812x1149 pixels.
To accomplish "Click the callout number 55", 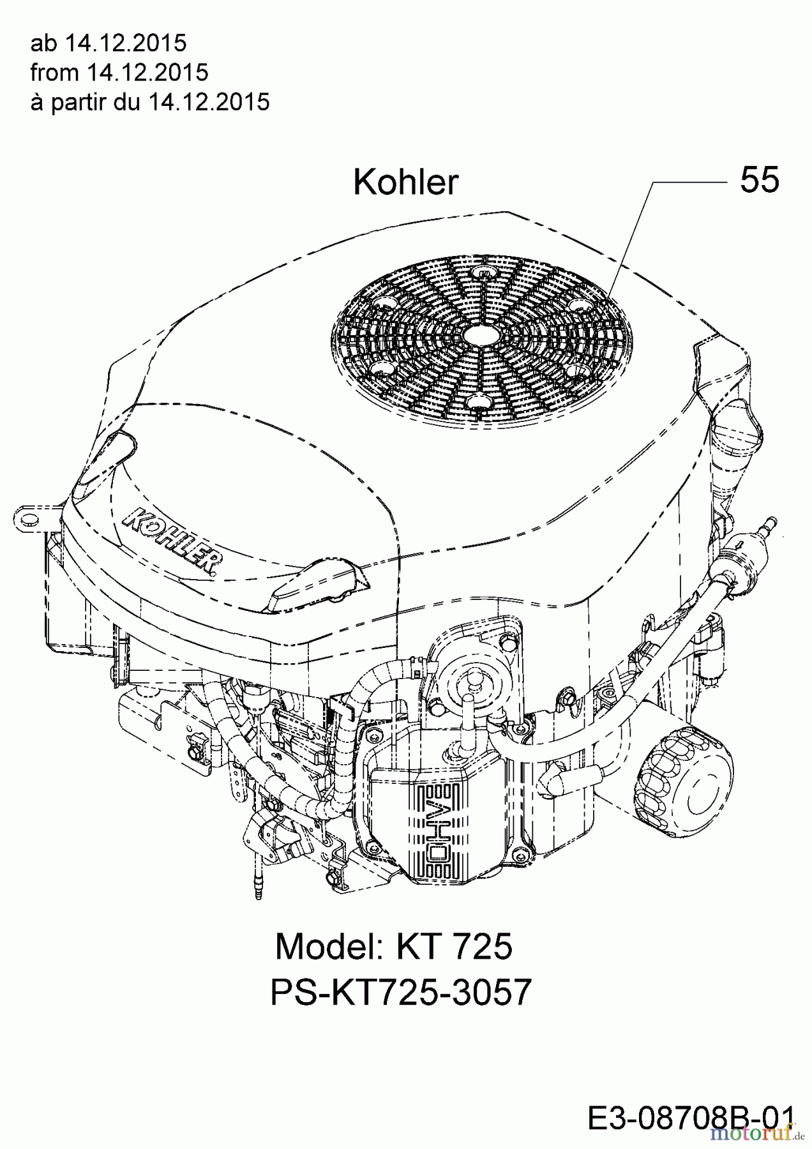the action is [760, 180].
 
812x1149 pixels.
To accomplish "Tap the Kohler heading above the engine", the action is [406, 183].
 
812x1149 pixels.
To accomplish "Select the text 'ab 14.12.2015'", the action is [109, 43].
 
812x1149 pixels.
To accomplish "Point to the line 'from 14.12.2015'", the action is [119, 72].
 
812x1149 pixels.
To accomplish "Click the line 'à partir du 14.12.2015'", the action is [150, 101].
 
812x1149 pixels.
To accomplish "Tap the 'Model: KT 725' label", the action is [394, 946].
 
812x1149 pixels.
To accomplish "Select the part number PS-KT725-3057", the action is [401, 993].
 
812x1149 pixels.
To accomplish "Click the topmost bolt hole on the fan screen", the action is [486, 274].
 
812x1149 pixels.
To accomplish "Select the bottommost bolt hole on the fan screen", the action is [475, 400].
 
